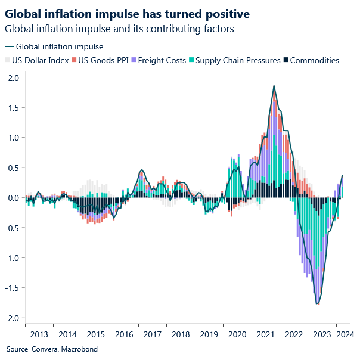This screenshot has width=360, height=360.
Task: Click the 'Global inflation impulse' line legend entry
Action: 54,46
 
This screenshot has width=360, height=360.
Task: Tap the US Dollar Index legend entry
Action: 35,60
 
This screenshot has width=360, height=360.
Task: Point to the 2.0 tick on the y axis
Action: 13,77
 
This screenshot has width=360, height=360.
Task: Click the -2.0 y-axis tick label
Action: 11,318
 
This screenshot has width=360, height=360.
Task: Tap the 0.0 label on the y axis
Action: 13,198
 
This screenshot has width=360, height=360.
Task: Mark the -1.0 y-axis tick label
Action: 11,257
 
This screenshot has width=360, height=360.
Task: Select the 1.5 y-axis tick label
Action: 13,108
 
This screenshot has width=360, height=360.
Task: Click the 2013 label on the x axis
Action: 39,334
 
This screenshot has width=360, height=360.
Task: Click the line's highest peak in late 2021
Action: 274,86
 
